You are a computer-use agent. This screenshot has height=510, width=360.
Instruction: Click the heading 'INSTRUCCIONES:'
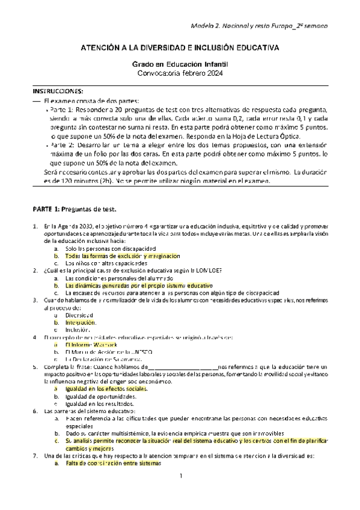(58, 91)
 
